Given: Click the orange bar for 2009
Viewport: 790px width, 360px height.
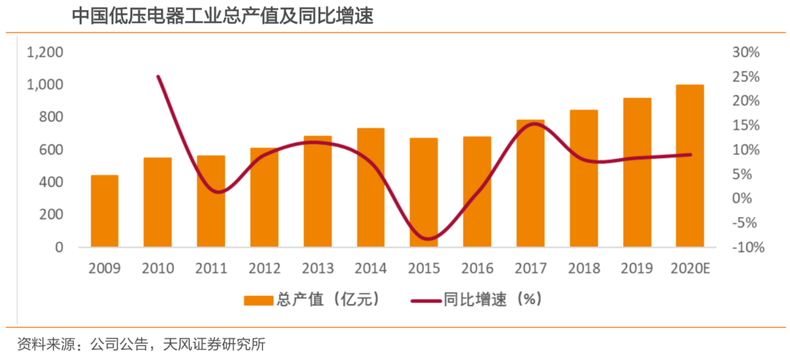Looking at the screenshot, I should [105, 211].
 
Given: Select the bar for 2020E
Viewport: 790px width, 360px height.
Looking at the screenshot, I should [690, 166].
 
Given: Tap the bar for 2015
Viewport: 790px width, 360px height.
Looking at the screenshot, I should [424, 192].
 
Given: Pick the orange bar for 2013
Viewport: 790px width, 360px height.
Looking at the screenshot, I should [318, 191].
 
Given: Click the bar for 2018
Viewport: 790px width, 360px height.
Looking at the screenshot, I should [584, 178].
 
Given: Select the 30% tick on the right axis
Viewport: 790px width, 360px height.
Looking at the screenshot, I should [745, 52].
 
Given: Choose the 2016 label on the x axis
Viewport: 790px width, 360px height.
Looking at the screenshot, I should [478, 268].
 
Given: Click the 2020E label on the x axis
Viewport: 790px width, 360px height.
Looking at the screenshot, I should [690, 268].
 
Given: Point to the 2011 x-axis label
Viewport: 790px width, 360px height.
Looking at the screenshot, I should [211, 268].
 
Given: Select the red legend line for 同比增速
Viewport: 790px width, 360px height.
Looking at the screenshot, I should [426, 300].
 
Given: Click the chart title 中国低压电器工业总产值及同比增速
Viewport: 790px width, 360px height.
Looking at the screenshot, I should [223, 16].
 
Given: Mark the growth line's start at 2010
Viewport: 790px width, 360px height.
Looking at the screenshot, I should [158, 77].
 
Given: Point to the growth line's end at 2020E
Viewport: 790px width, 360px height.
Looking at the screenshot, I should [690, 154].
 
